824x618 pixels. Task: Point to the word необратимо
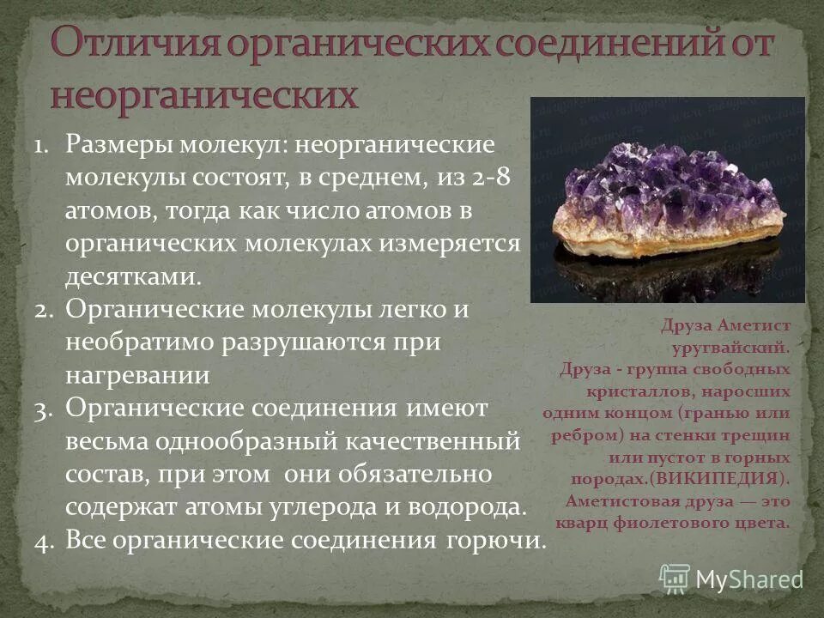141,343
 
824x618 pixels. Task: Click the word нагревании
137,377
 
